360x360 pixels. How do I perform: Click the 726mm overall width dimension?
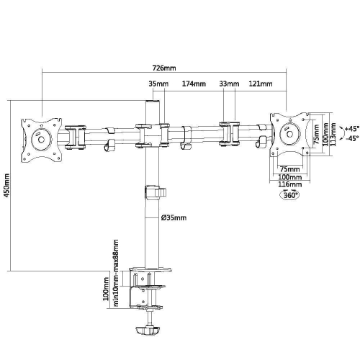[x=165, y=68]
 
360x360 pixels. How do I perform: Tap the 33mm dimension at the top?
[x=229, y=84]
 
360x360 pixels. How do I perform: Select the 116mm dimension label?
[x=289, y=184]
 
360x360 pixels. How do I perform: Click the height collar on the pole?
[x=154, y=193]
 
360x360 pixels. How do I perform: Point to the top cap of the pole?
[x=153, y=105]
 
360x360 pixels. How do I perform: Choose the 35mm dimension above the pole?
[x=158, y=84]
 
